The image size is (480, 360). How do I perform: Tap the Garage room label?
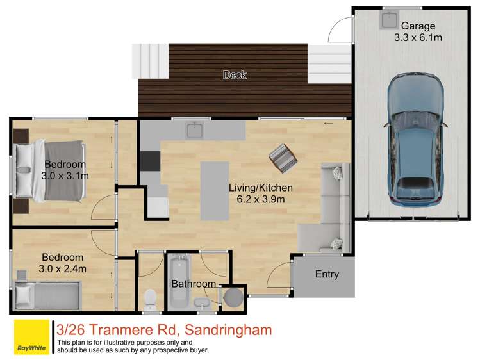click(x=418, y=26)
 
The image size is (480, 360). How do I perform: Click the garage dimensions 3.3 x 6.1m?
click(x=418, y=38)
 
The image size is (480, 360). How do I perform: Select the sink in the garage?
click(x=388, y=19)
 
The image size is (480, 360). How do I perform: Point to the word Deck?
click(x=235, y=76)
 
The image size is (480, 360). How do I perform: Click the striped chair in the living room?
click(x=282, y=157)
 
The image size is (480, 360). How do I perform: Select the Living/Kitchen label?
click(x=261, y=188)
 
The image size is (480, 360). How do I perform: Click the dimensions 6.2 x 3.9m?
click(x=261, y=199)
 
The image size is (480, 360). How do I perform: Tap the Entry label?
click(x=326, y=274)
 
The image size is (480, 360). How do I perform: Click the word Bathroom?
click(x=193, y=284)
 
